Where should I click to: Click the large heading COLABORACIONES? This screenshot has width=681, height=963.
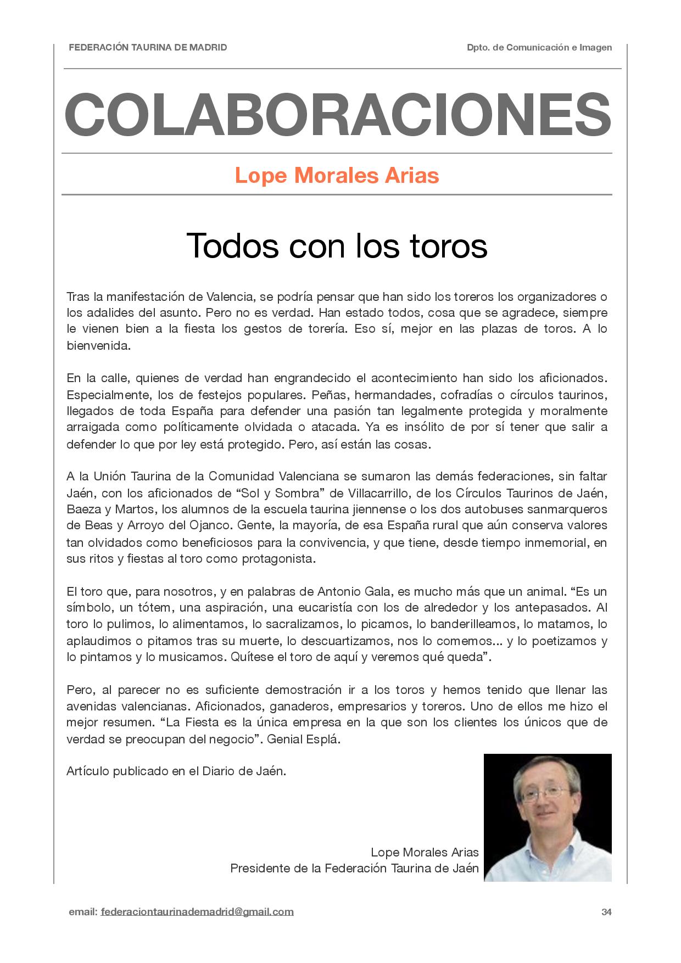(x=337, y=115)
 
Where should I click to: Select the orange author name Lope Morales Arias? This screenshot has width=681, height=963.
(x=337, y=176)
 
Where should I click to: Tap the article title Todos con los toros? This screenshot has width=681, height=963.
(x=337, y=245)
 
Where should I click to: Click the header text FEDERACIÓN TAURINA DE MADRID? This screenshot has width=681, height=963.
(x=148, y=48)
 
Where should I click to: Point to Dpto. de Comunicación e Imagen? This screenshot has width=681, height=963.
(x=539, y=48)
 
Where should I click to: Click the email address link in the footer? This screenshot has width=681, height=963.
(x=197, y=912)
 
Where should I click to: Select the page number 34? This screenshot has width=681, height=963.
(x=606, y=912)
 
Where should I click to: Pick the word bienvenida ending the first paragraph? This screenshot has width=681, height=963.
(x=98, y=346)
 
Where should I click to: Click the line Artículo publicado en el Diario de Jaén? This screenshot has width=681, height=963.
(x=176, y=771)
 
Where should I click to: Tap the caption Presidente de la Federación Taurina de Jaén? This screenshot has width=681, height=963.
(x=354, y=868)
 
